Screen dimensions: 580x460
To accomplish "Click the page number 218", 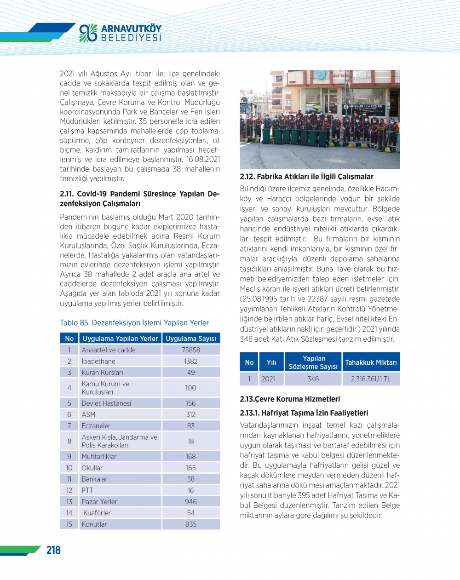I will (x=53, y=550).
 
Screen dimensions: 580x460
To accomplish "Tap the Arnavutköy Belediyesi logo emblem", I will (x=88, y=33).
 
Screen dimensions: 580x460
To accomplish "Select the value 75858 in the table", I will (x=190, y=350).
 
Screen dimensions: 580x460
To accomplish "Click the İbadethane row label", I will (x=98, y=362).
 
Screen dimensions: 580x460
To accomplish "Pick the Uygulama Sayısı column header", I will (x=190, y=339).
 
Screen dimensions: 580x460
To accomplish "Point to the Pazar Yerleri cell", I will (x=100, y=502).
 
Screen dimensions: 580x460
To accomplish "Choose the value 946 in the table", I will (x=190, y=502).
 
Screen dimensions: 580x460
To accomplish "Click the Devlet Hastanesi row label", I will (x=106, y=403).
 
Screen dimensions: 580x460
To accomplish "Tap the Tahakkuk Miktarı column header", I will (x=371, y=362).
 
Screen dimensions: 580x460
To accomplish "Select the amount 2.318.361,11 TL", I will (x=371, y=379).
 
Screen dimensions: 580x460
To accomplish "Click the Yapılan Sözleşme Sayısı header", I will (x=313, y=362).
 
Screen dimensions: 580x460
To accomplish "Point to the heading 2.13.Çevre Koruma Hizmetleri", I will (x=290, y=399).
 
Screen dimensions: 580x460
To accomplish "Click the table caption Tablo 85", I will (x=134, y=323).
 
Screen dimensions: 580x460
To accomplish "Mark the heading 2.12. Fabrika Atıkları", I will (x=306, y=177).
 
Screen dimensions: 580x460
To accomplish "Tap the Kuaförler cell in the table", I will (x=97, y=513).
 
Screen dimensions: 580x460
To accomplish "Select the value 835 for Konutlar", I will (x=190, y=524).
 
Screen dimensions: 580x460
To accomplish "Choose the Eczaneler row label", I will (x=96, y=426).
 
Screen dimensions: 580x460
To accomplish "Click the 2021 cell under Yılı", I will (x=268, y=379).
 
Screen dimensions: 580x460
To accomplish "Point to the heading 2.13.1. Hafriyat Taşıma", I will (x=304, y=413).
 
